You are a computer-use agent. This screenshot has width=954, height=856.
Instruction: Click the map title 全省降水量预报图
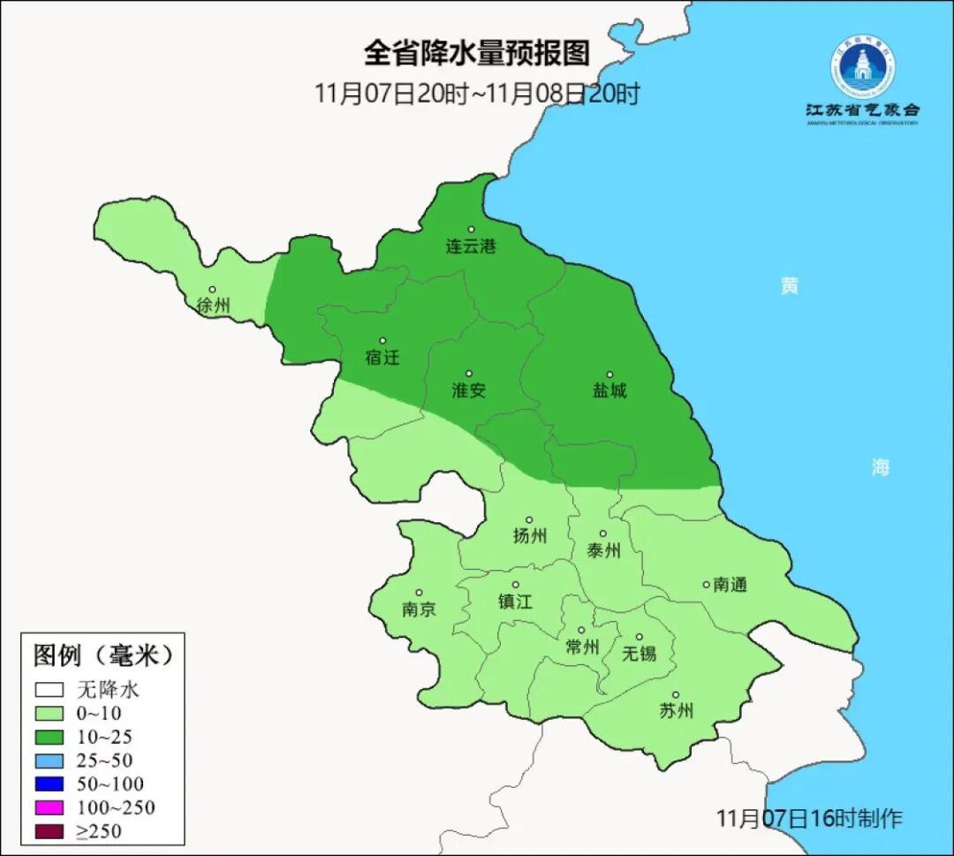pos(476,53)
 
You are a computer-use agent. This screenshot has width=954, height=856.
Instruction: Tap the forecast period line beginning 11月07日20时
pos(476,94)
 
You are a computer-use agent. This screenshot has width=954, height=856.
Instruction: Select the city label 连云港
pos(470,246)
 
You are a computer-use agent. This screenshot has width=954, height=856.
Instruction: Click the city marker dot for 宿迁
pos(382,341)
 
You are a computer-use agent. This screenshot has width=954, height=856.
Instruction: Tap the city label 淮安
pos(468,390)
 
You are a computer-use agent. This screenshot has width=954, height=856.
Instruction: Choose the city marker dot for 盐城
pos(609,375)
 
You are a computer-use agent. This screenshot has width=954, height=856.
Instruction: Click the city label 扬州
pos(529,536)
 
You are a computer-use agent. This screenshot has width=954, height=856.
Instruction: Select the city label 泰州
pos(603,551)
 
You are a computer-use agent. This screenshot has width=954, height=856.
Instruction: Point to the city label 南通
pos(730,584)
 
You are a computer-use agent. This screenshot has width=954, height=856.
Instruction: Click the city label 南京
pos(418,610)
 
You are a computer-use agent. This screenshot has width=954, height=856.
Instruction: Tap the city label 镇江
pos(515,602)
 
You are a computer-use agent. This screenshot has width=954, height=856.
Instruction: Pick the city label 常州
pos(581,648)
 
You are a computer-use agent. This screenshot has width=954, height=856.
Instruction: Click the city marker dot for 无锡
pos(639,637)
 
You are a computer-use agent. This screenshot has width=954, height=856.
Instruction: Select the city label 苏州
pos(676,711)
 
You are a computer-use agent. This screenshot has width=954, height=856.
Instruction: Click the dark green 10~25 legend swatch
pos(49,736)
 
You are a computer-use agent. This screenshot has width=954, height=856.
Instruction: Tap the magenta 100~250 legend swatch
pos(49,807)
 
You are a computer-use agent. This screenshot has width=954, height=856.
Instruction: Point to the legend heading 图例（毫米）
pos(102,655)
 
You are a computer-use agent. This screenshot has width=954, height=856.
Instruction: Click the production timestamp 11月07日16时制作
pos(808,818)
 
